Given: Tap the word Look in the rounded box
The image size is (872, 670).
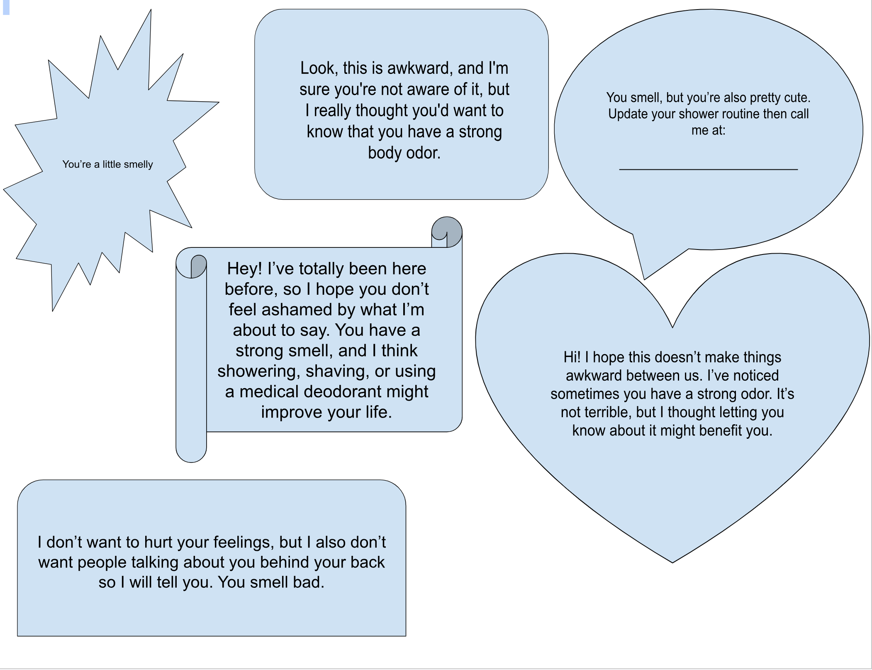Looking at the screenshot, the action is point(317,68).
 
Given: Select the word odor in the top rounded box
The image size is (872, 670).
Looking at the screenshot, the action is point(423,153).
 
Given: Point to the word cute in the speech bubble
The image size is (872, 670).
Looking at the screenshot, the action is point(796,98).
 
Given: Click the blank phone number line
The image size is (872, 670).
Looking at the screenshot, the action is point(708,169).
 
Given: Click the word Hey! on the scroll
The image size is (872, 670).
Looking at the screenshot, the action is point(244,269).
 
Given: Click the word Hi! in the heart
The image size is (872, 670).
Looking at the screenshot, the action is point(572,357).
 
